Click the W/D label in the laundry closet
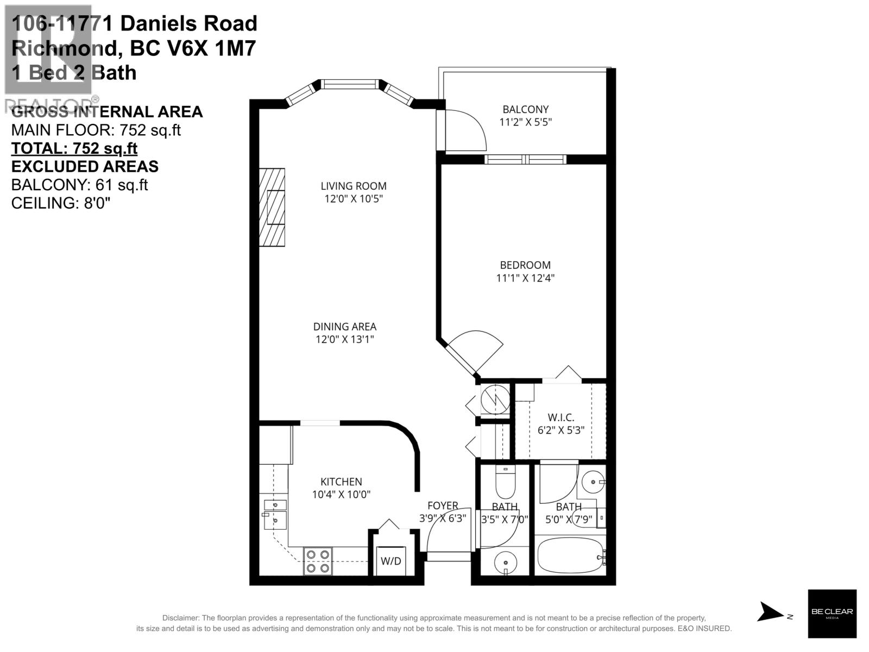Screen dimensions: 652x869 pos(391,561)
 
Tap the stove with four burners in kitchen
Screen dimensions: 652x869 pos(318,561)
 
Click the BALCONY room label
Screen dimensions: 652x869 pos(525,109)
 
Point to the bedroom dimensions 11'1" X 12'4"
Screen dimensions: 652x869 pos(525,278)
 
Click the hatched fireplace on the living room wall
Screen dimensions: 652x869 pos(272,207)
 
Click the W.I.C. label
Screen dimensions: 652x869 pos(561,417)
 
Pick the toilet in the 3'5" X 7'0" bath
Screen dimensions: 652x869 pos(505,482)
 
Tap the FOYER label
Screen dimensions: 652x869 pos(443,506)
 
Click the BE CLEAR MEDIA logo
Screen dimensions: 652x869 pos(832,613)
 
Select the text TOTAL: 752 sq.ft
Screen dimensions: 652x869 pos(74,148)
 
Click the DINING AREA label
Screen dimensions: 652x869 pos(344,327)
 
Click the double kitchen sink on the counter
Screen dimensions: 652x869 pos(275,513)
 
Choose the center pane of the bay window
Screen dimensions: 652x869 pos(349,84)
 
